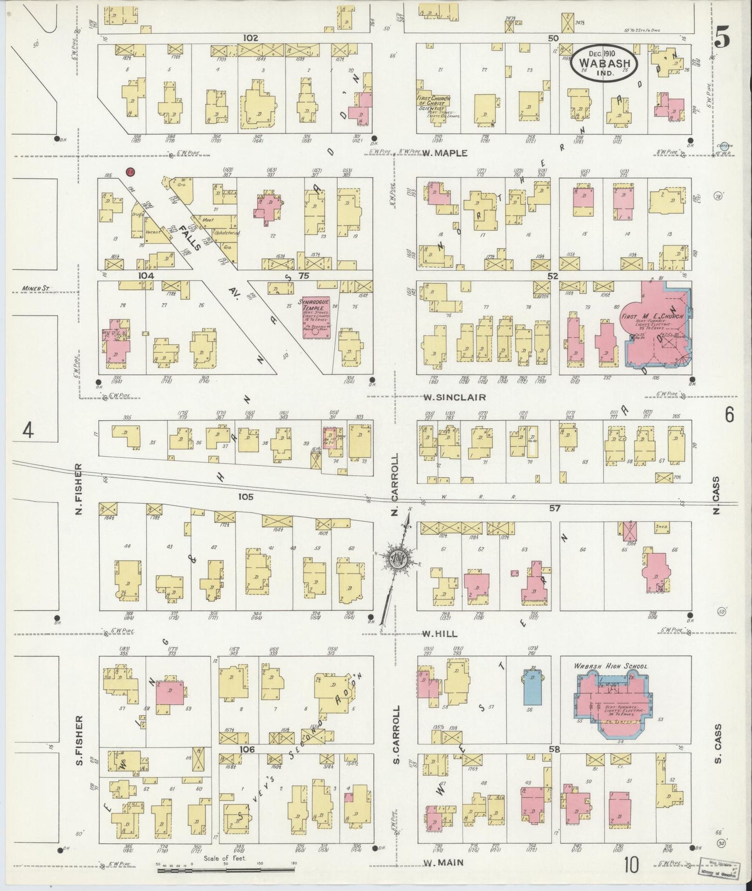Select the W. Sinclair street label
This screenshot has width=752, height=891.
coord(454,397)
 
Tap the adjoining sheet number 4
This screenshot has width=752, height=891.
coord(28,431)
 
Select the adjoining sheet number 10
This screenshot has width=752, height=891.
coord(631,866)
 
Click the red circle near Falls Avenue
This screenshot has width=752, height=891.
coord(131,172)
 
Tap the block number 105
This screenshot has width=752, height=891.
coord(246,497)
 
